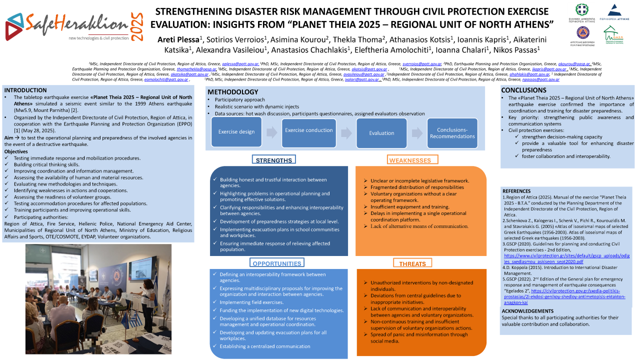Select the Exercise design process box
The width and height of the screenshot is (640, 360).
tap(236, 132)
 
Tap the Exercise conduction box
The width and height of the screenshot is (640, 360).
tap(308, 130)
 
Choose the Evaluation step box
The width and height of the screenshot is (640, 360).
tap(381, 133)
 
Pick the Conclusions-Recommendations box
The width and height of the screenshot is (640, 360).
tap(455, 133)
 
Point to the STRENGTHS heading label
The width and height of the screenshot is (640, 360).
tap(273, 160)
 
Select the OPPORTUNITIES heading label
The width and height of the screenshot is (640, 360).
tap(276, 263)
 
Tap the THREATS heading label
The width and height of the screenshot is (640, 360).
tap(412, 263)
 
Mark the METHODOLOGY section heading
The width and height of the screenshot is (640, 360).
tap(233, 92)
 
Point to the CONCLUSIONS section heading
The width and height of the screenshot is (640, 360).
tap(524, 90)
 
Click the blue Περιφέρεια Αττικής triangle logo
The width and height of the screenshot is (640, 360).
tap(614, 10)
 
